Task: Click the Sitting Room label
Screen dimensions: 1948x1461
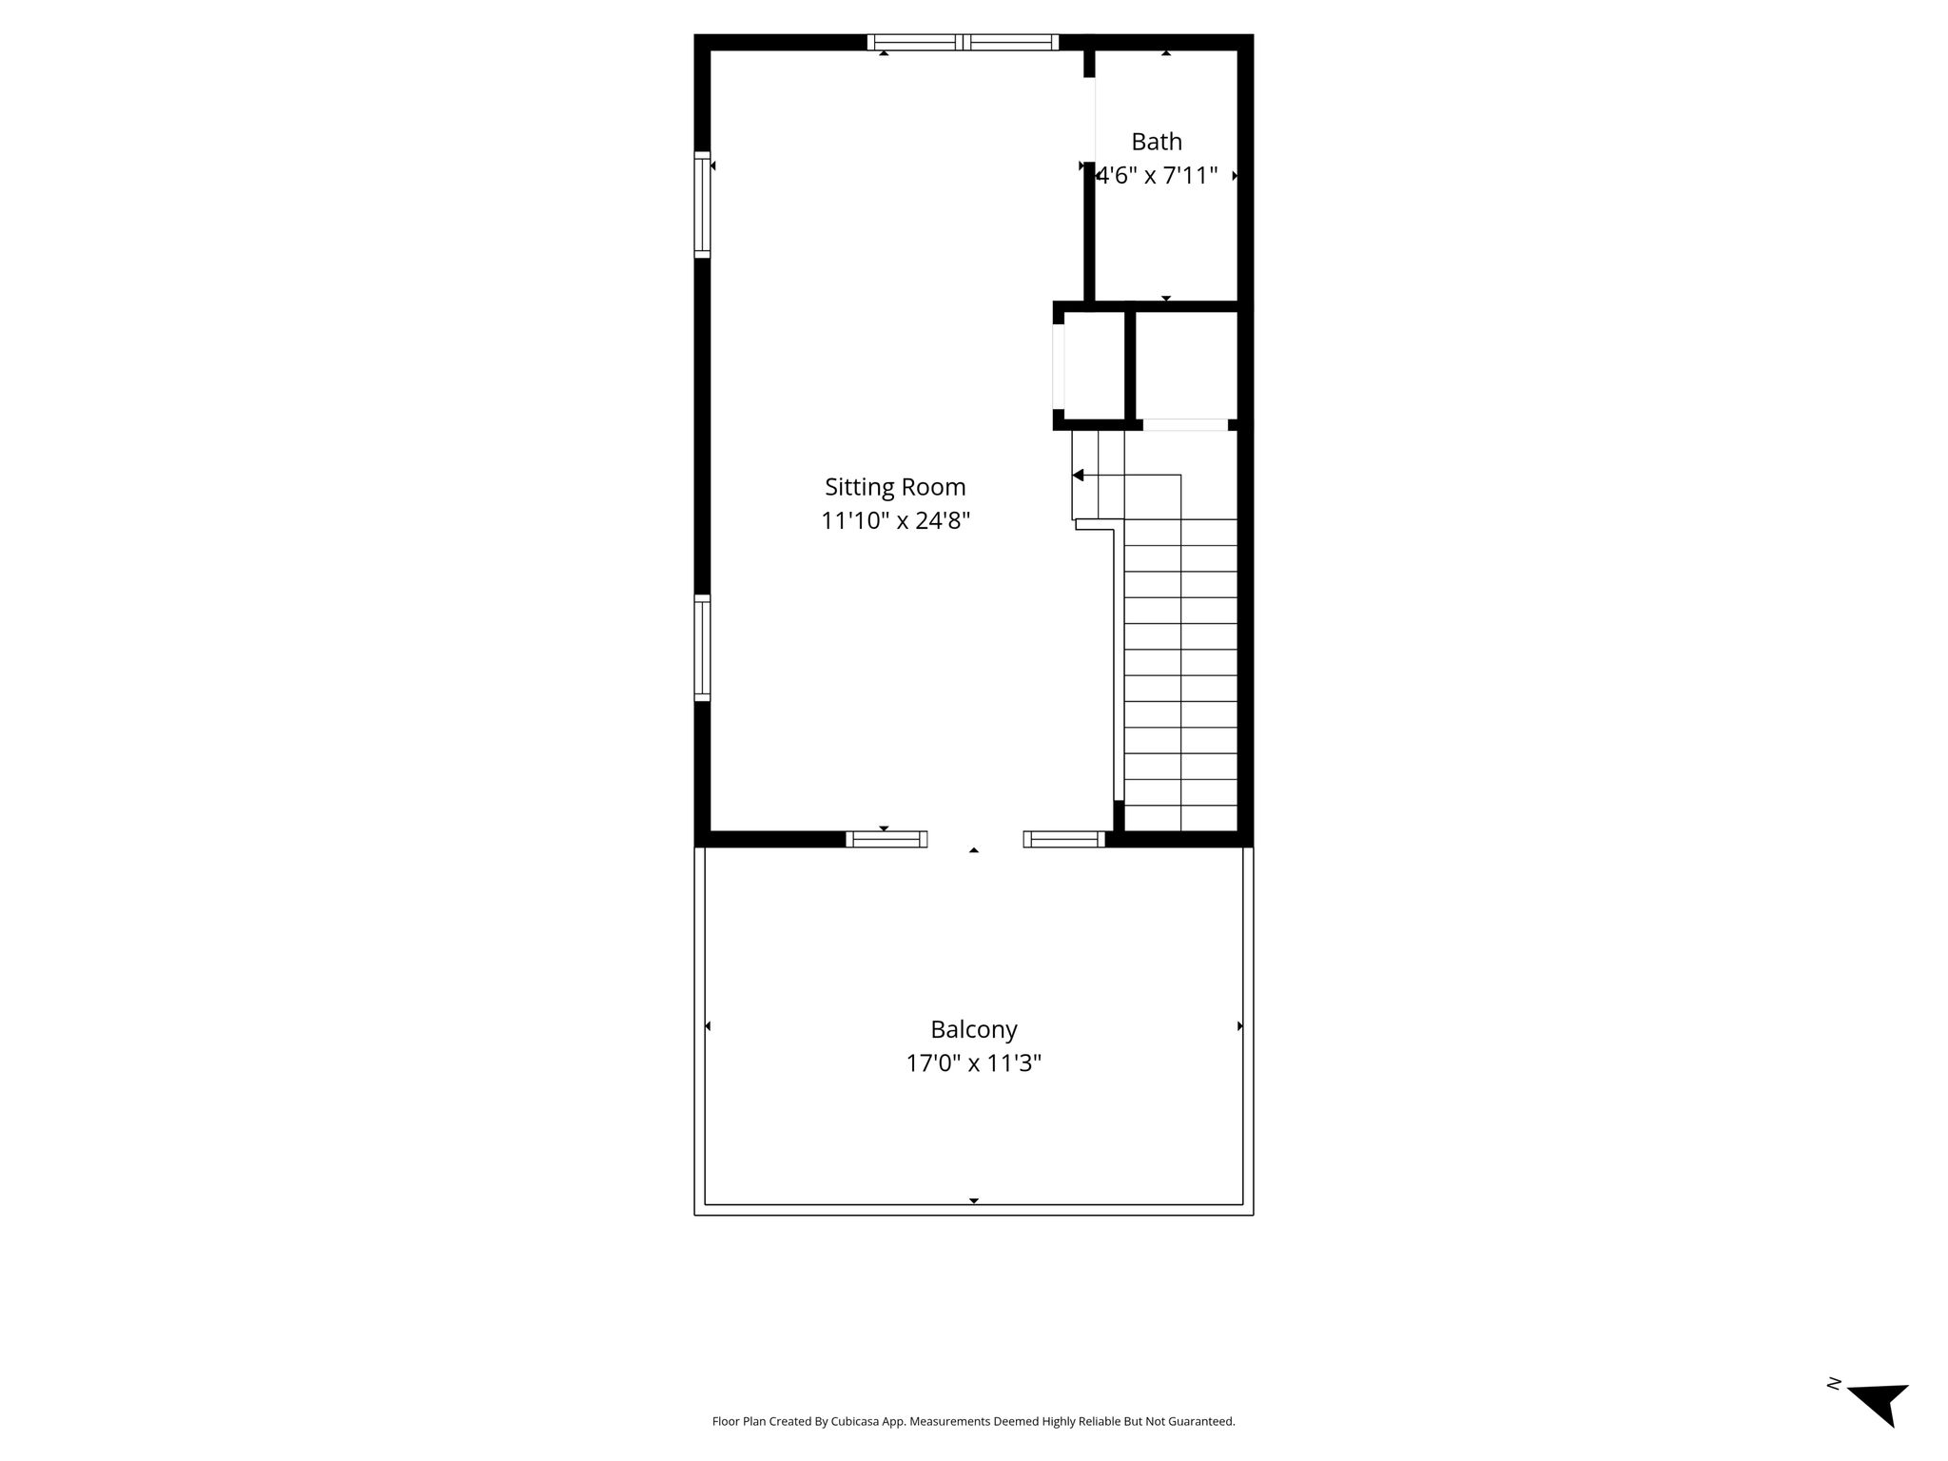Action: pos(895,488)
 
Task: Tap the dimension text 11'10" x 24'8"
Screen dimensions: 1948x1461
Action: pos(895,521)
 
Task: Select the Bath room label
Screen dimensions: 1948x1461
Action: pos(1157,142)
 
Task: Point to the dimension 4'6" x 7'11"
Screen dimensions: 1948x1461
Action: pos(1158,176)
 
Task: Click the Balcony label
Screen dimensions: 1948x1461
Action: pos(974,1030)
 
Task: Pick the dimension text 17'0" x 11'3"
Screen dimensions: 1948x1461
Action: pos(974,1063)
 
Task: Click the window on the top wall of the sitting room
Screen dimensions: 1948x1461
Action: pos(963,42)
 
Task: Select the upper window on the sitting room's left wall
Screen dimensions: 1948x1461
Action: pos(702,205)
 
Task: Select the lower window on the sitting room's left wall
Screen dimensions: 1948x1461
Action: pos(702,648)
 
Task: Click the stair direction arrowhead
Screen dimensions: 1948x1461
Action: pos(1078,475)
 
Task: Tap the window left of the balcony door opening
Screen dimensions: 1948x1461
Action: pos(886,839)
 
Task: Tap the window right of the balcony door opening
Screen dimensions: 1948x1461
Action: pos(1064,839)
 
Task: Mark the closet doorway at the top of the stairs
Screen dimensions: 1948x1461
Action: pos(1185,425)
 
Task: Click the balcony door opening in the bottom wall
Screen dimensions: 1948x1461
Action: pos(975,839)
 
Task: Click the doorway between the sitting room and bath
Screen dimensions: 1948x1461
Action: pos(1090,121)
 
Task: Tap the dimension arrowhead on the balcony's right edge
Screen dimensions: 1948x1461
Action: pos(1240,1026)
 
